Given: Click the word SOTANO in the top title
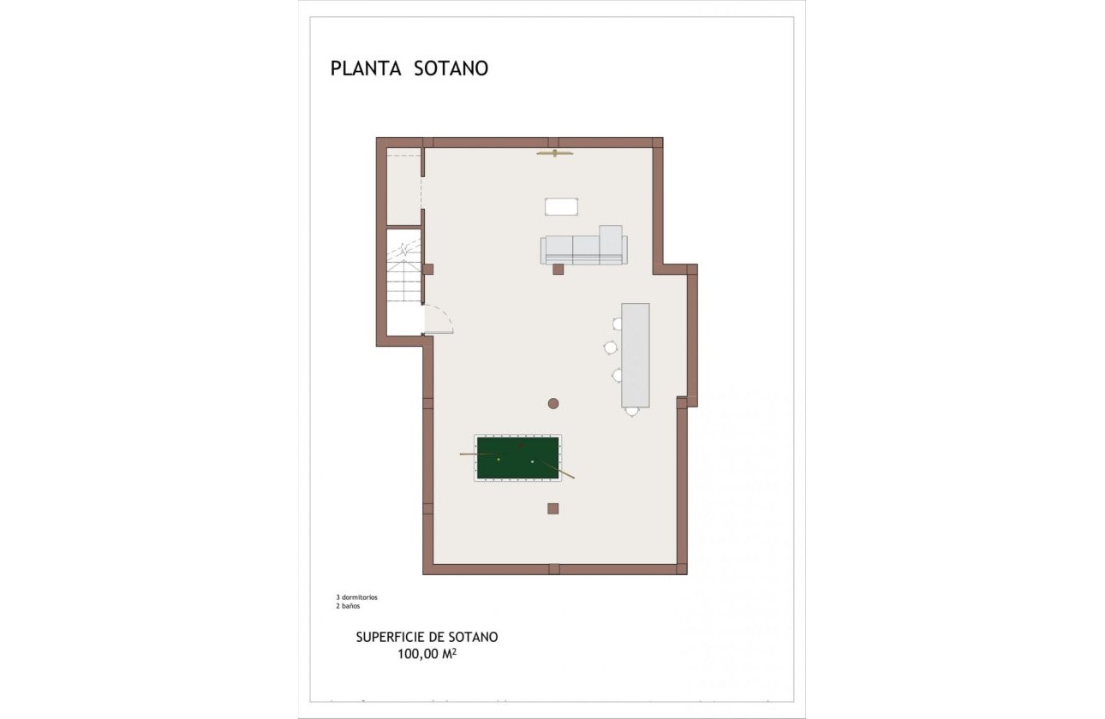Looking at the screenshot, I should click(451, 68).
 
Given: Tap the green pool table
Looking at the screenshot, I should click(517, 458).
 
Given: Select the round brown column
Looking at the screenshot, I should click(553, 403).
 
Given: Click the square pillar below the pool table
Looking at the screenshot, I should click(553, 508).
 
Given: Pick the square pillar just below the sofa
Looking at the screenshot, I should click(558, 270).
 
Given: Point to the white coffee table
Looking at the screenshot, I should click(562, 206).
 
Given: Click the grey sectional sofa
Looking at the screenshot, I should click(583, 248).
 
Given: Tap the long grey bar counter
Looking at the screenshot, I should click(635, 354).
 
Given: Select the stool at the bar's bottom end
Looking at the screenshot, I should click(632, 412).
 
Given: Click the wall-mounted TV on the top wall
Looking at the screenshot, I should click(555, 153).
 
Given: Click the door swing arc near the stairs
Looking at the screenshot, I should click(440, 319).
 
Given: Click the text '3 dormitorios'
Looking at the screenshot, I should click(357, 597).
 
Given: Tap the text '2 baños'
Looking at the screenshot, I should click(349, 605).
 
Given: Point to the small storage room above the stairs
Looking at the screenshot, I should click(403, 187).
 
